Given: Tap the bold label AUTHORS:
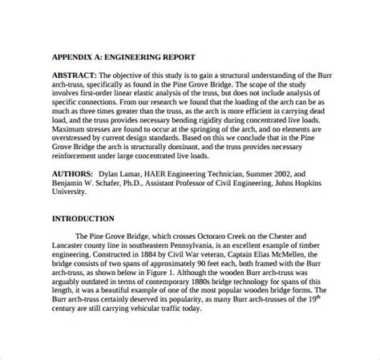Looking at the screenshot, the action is point(75,172).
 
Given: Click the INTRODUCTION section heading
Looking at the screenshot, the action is point(83,218).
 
